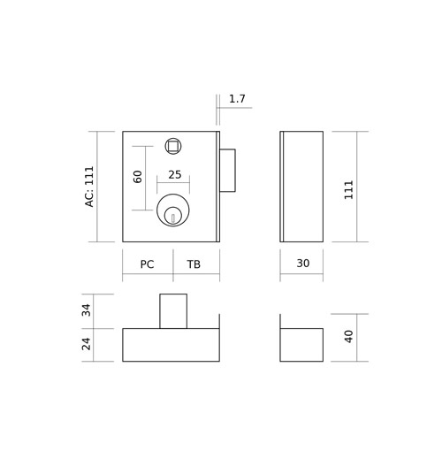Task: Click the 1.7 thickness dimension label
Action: point(237,99)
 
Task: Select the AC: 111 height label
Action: point(89,187)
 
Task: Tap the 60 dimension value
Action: point(138,177)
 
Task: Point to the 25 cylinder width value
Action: point(175,175)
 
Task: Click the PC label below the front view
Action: point(147,264)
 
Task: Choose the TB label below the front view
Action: point(194,264)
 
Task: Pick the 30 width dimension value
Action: point(303,264)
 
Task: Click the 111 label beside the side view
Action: point(348,190)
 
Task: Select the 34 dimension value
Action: point(86,310)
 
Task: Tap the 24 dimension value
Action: point(86,344)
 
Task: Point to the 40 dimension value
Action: point(348,337)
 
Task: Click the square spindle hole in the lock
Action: point(173,146)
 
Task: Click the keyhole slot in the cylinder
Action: point(173,218)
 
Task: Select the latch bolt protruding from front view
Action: point(227,171)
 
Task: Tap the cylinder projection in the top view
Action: point(173,311)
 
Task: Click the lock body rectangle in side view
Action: point(301,187)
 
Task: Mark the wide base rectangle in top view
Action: point(171,345)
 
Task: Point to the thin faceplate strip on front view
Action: point(218,187)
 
